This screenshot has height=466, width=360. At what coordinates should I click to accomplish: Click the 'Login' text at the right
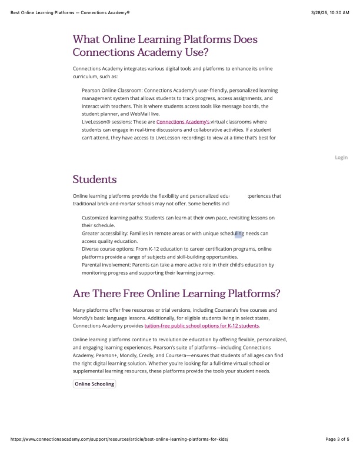(341, 157)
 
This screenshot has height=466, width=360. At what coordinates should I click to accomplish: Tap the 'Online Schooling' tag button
(94, 384)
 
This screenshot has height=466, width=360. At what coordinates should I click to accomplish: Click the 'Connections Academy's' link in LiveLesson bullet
(183, 121)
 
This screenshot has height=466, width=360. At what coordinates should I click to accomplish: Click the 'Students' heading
(95, 179)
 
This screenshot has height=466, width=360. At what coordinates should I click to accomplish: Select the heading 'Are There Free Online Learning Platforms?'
(176, 294)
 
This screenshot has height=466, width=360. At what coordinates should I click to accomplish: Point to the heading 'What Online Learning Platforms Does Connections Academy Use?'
(165, 46)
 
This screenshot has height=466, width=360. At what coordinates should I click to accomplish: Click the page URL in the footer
(119, 455)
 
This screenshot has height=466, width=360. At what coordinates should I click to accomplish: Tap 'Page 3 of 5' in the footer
(337, 455)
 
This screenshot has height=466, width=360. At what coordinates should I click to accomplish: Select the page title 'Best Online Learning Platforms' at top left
(69, 12)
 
